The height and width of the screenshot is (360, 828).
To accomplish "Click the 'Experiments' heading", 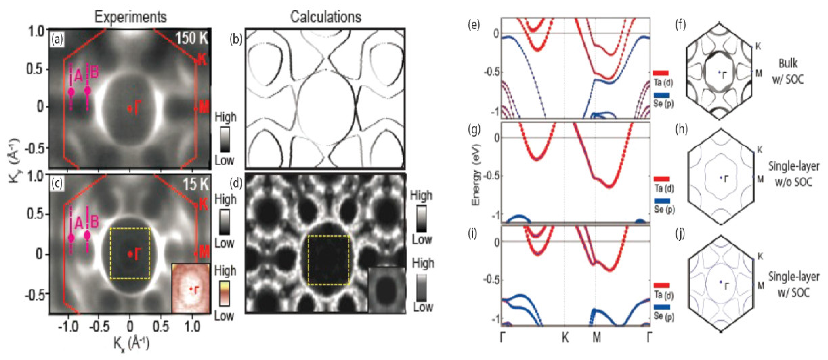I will tap(131, 17).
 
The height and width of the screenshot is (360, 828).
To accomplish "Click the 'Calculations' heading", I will tap(326, 17).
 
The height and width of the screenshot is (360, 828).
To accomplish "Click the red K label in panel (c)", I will tap(203, 205).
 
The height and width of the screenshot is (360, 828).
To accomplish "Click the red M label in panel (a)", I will tap(204, 108).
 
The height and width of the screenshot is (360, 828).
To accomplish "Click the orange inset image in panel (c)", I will tap(191, 288).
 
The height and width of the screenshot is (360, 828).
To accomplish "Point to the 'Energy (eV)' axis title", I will tap(476, 175).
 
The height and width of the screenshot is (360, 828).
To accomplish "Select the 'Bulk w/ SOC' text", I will tap(788, 71).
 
